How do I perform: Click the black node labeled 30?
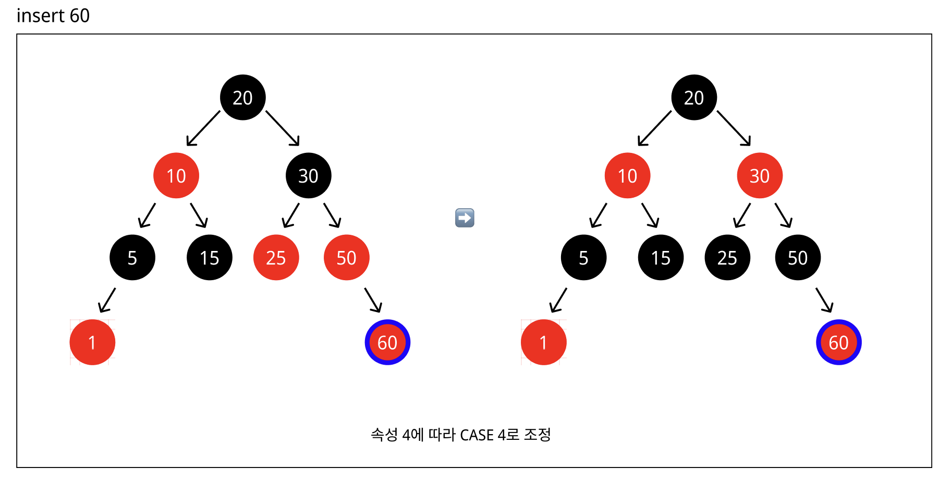click(308, 175)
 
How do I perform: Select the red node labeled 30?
click(760, 175)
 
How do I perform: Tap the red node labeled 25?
click(276, 257)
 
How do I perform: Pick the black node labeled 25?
click(727, 257)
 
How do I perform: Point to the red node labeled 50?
click(346, 257)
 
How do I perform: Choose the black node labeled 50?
click(798, 257)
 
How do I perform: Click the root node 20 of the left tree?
click(242, 98)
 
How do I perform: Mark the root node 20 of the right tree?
click(694, 98)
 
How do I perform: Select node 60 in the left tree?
click(387, 342)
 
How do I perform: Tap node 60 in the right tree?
click(838, 342)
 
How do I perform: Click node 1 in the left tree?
click(92, 342)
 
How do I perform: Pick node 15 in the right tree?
click(661, 257)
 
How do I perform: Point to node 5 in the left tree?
click(132, 257)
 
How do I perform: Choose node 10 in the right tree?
click(627, 175)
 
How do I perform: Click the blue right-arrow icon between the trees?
click(465, 218)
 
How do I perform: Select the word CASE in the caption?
click(477, 435)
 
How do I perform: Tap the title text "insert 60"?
click(53, 16)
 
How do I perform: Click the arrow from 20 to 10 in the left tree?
click(203, 128)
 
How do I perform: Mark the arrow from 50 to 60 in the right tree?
click(824, 299)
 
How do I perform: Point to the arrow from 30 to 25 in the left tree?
click(291, 215)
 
